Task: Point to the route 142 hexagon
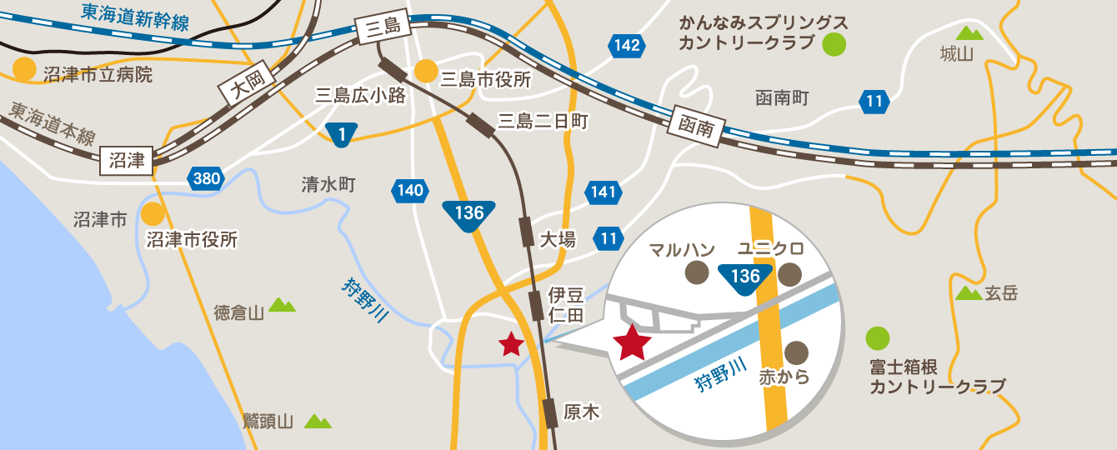(x=627, y=45)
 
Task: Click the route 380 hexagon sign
(x=205, y=177)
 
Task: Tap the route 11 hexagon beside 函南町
(x=874, y=102)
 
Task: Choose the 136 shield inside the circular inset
(x=744, y=277)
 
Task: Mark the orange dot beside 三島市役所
(x=426, y=72)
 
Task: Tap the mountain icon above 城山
(x=969, y=33)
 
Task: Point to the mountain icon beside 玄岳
(x=968, y=293)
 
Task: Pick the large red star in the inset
(x=632, y=342)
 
